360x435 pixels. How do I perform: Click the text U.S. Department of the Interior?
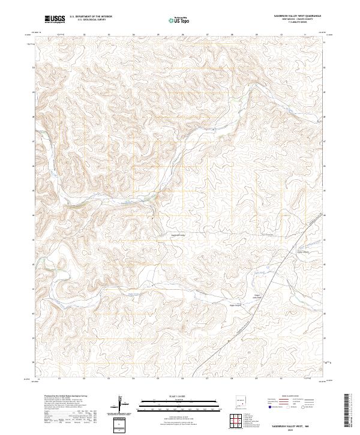click(x=91, y=16)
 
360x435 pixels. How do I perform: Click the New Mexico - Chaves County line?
click(x=292, y=19)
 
